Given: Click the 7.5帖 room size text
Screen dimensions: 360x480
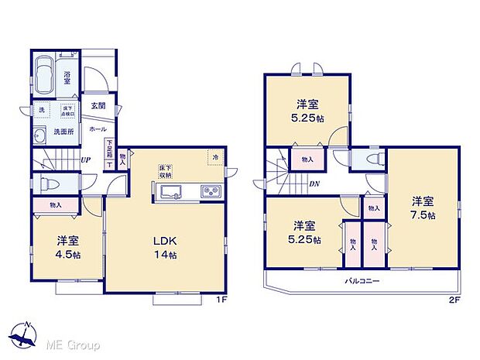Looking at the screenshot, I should click(x=423, y=214).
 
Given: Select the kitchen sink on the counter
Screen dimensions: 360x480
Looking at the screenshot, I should click(x=170, y=192).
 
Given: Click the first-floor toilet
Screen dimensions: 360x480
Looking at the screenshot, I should click(x=47, y=183).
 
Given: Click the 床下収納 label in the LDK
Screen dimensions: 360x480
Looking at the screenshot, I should click(x=167, y=171).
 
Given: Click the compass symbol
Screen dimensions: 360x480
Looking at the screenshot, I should click(x=26, y=334).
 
